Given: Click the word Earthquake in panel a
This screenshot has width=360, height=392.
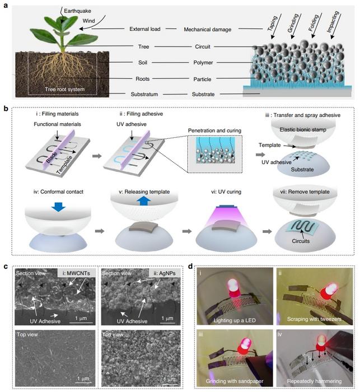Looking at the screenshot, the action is point(77,11).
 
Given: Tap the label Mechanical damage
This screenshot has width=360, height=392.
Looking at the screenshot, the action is point(208,30).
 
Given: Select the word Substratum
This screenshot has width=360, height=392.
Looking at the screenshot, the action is point(144,94).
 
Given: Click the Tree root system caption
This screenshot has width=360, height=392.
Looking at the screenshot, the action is point(65,89).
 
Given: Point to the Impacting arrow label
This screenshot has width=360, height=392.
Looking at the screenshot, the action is point(333,22).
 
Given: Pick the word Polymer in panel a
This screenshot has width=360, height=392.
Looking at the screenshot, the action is point(203,63).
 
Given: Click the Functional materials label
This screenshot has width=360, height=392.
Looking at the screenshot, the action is point(57,124).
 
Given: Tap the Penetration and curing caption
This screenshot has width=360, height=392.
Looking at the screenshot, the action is point(214,130).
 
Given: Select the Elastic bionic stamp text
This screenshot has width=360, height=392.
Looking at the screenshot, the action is point(303,130).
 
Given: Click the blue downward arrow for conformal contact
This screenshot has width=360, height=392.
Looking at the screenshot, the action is point(58,206).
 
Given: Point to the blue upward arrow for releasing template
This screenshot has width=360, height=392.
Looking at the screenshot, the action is point(143,200).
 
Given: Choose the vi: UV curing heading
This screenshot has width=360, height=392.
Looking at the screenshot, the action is point(226,192).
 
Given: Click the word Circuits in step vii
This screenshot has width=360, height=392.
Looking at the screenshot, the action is point(301,241).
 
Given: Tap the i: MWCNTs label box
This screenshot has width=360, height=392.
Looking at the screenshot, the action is point(76,273).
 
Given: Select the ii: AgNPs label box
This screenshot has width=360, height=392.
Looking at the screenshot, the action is point(164,273).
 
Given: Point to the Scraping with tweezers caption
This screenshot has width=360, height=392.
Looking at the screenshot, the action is point(314,319).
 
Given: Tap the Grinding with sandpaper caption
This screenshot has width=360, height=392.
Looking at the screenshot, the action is point(235,381).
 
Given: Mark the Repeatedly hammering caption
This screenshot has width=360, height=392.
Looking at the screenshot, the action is point(314,381).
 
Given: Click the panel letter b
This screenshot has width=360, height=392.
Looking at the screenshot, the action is point(6,109).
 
